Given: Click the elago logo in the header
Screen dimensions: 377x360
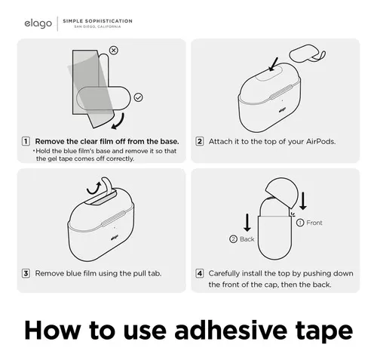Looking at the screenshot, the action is [38, 23].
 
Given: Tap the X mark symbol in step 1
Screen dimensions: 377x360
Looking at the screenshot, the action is [114, 51].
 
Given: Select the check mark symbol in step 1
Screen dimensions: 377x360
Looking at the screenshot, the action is [139, 97].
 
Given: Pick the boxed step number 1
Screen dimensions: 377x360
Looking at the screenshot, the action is [26, 141].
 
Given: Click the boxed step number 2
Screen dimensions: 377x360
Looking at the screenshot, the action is [200, 141].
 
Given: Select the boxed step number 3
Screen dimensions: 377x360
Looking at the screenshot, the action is [26, 273].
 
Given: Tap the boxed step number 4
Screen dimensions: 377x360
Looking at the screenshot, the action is [200, 273].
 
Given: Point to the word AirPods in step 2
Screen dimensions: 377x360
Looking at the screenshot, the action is [320, 141].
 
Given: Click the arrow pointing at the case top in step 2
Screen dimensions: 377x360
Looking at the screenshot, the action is [273, 64].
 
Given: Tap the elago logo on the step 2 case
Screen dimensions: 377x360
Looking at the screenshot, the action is [282, 109].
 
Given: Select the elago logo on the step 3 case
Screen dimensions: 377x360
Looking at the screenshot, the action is [115, 237].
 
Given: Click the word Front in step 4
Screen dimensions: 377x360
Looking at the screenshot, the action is [314, 223].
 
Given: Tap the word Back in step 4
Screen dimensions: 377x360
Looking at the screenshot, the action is [247, 239].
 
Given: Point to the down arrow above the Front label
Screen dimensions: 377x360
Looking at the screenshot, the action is [303, 201].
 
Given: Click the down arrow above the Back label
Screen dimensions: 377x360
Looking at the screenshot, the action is [247, 223].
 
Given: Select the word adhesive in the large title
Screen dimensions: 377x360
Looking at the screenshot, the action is [231, 331].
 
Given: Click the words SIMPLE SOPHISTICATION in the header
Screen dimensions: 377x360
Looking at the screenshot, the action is [97, 21].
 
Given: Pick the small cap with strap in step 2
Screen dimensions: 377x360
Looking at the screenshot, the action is [308, 54].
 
